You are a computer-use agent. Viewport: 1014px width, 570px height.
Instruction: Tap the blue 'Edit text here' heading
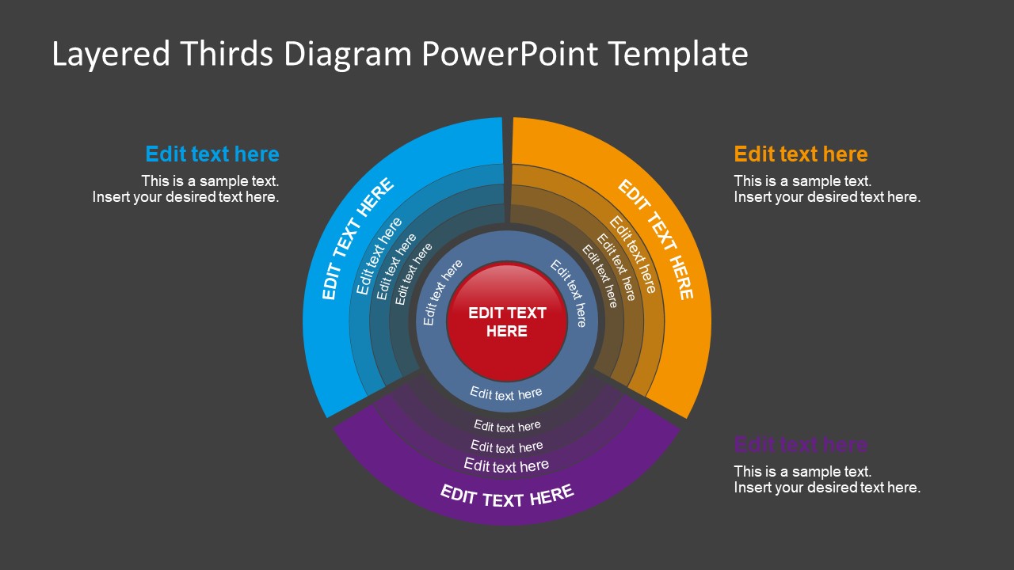pyautogui.click(x=212, y=154)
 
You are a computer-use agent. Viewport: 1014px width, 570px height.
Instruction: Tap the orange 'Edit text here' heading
pyautogui.click(x=801, y=154)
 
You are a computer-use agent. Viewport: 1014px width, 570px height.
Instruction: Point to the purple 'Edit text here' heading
pyautogui.click(x=801, y=444)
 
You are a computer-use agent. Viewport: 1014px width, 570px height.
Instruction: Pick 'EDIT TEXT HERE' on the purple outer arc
pyautogui.click(x=507, y=496)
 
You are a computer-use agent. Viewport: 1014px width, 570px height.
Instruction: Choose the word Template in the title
pyautogui.click(x=679, y=54)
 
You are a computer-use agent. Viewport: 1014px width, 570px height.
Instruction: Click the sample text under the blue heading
pyautogui.click(x=187, y=189)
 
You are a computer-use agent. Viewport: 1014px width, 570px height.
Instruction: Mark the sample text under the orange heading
pyautogui.click(x=827, y=189)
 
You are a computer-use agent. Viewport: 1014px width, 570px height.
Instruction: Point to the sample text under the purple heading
pyautogui.click(x=827, y=480)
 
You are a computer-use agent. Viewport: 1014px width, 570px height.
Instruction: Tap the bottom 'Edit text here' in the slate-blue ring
pyautogui.click(x=506, y=393)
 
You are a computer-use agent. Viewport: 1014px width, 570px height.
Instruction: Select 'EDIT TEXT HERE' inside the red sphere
pyautogui.click(x=507, y=322)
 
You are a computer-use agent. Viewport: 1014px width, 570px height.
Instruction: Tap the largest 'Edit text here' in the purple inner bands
pyautogui.click(x=506, y=465)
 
